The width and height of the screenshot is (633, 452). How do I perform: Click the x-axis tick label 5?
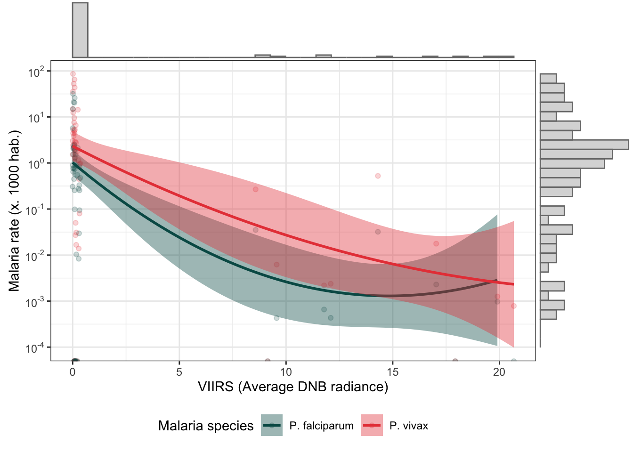tap(179, 372)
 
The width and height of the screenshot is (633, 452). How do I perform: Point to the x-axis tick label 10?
tap(286, 372)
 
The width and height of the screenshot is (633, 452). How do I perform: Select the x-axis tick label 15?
tap(392, 372)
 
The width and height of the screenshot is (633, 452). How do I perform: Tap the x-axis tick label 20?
tap(499, 372)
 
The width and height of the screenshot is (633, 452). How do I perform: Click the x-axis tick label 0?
tap(73, 372)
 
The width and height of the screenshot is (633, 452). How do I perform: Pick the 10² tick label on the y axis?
tap(36, 72)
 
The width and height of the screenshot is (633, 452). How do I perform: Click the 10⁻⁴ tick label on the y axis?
tap(35, 348)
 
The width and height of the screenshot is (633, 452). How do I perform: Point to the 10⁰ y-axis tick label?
tap(36, 163)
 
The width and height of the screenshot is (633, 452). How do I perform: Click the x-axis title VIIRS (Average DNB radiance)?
tap(293, 387)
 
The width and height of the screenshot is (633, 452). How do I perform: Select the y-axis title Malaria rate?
tap(15, 210)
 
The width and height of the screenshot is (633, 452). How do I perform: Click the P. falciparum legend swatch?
tap(272, 425)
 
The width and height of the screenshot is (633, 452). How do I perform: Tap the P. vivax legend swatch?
tap(372, 425)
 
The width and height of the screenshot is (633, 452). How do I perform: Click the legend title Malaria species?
tap(206, 426)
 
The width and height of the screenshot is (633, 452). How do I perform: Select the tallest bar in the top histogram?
tap(80, 30)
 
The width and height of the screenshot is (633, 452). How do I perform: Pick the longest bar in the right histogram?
tap(584, 145)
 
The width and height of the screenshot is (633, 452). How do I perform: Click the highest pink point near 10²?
tap(73, 74)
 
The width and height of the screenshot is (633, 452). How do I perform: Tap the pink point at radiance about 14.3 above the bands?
tap(378, 176)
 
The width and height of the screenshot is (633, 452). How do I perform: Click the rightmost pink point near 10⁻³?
tap(514, 306)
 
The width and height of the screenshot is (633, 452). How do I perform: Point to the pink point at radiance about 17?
tap(436, 244)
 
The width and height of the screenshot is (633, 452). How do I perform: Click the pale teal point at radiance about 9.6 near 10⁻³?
tap(276, 318)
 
